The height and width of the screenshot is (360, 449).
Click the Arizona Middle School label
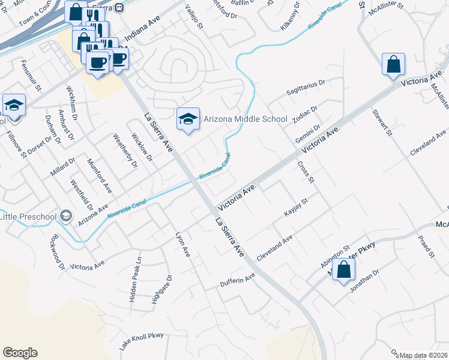point(246,119)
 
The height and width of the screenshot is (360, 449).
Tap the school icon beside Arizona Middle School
point(188,119)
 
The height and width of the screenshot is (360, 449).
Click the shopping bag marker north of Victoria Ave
point(393,65)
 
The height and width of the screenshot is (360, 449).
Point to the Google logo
point(20,353)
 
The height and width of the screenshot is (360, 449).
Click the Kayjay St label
point(296,210)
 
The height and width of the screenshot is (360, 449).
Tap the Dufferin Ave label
point(238,280)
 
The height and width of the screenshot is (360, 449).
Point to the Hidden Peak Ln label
point(136,272)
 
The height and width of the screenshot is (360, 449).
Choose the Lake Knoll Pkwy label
point(141,342)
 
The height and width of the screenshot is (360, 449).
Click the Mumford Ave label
point(99,175)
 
